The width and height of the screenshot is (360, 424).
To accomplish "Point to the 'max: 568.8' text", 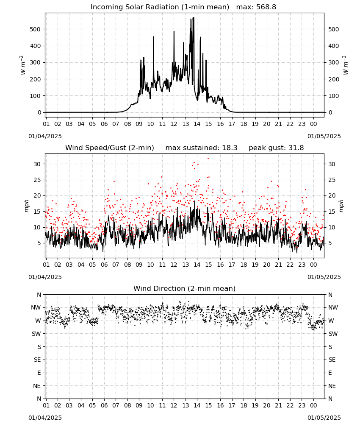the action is [x=256, y=7].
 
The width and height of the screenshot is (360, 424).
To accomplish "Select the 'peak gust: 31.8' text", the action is [x=276, y=148].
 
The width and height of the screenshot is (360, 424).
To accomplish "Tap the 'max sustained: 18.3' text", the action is [x=202, y=148].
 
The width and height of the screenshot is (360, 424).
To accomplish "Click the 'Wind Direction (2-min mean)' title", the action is [x=185, y=288].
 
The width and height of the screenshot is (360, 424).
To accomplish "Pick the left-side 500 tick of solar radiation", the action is [x=35, y=29].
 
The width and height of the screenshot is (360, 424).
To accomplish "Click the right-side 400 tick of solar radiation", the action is [x=334, y=46].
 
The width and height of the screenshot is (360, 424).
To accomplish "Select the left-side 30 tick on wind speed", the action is [x=37, y=164].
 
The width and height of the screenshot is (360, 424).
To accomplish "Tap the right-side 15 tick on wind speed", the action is [x=332, y=212].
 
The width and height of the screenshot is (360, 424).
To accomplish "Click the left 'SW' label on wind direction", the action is [x=36, y=334].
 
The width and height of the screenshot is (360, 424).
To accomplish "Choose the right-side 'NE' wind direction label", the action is [x=332, y=386].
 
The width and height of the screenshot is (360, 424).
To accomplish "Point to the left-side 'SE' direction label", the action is [x=37, y=360].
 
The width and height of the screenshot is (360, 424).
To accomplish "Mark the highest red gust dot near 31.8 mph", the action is [x=208, y=159].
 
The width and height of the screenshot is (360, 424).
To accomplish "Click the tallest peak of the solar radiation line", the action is [x=194, y=17].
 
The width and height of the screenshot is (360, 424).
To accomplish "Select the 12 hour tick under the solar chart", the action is [x=174, y=124].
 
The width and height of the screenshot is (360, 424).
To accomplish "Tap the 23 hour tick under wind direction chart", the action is [x=302, y=405].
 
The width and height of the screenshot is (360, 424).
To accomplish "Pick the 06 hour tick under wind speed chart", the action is [x=104, y=265].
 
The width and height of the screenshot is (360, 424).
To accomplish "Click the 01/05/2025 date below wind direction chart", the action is [x=324, y=418].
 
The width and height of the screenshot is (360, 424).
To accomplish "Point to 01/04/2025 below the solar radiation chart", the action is [x=45, y=136].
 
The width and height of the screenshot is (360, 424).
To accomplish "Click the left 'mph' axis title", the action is [x=26, y=206].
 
